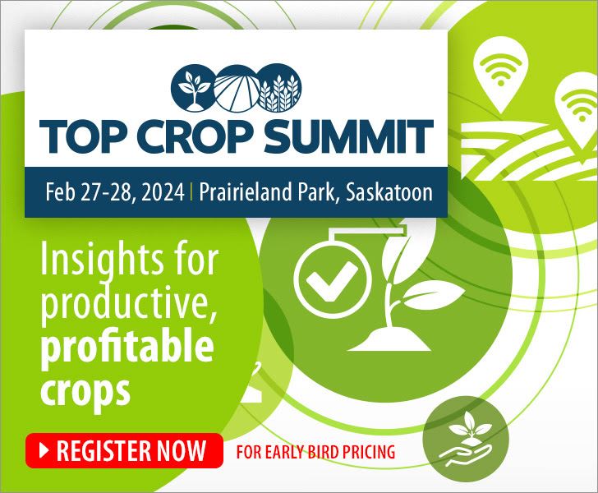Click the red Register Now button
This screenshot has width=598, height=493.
[x=124, y=450]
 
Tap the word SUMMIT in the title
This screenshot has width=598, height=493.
[x=348, y=136]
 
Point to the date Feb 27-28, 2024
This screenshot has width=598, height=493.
[x=115, y=191]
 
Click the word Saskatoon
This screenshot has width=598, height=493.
[x=389, y=191]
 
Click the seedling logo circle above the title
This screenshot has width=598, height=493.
[x=193, y=87]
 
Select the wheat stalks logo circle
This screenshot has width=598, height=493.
[x=279, y=87]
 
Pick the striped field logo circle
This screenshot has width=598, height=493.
[x=237, y=87]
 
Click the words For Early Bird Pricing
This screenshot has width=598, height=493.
[x=315, y=452]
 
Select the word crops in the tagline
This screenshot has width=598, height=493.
[x=85, y=390]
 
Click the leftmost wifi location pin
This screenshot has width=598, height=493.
[x=500, y=75]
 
